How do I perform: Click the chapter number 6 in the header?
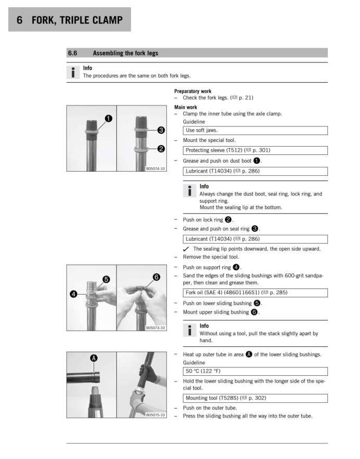[x=19, y=20]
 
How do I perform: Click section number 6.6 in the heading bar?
[x=73, y=53]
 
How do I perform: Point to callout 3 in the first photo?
[x=161, y=129]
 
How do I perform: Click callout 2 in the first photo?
[x=161, y=149]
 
